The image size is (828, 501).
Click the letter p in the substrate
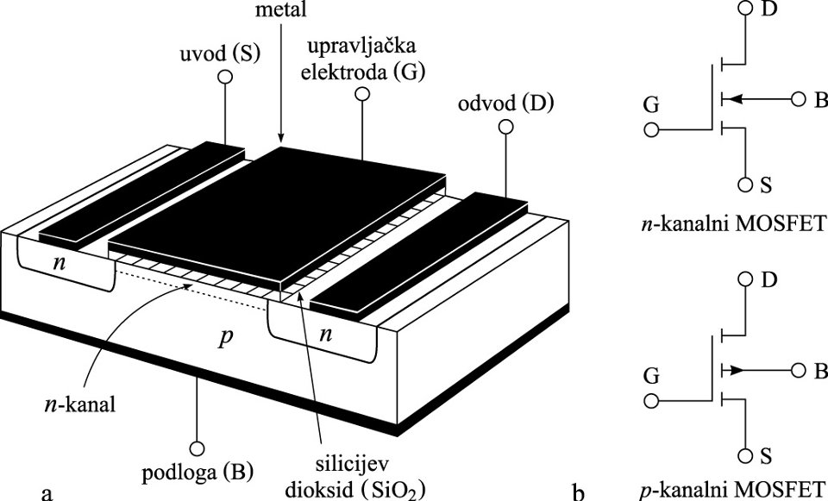226,336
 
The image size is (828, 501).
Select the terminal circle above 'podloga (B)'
198,448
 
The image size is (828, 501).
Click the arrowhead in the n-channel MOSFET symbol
726,100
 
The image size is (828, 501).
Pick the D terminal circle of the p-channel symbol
746,280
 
